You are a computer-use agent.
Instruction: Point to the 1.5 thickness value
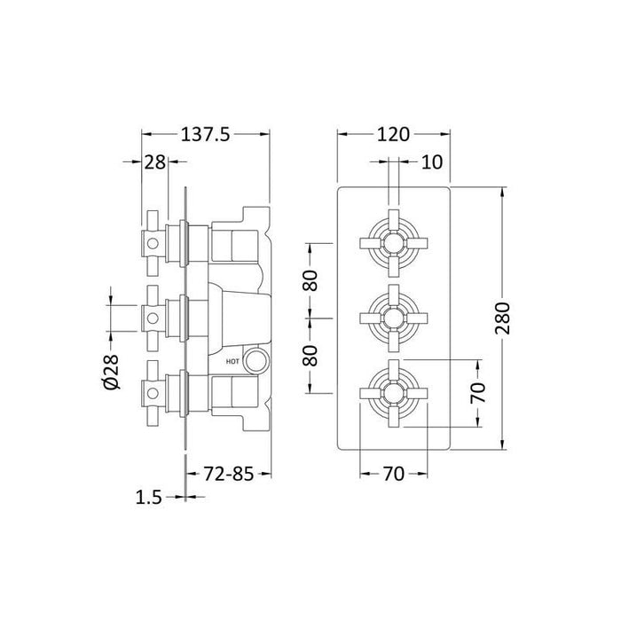coord(152,499)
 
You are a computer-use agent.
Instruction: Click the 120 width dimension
coord(393,134)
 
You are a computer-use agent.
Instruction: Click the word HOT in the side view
coord(233,361)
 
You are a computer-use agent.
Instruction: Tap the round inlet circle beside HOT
coord(256,360)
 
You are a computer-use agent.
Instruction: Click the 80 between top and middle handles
coord(310,277)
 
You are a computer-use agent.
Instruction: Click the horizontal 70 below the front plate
coord(393,474)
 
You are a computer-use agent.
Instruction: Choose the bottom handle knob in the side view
coord(154,390)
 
